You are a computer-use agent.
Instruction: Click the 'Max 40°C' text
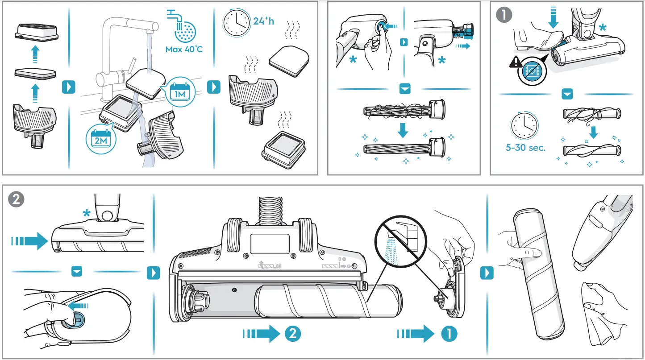pyautogui.click(x=184, y=49)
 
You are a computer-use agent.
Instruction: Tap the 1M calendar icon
pyautogui.click(x=180, y=91)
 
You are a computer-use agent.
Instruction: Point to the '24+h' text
pyautogui.click(x=263, y=21)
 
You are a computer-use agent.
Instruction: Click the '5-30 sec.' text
pyautogui.click(x=525, y=148)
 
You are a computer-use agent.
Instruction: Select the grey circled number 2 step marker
pyautogui.click(x=16, y=199)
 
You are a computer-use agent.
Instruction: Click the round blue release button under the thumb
pyautogui.click(x=77, y=319)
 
